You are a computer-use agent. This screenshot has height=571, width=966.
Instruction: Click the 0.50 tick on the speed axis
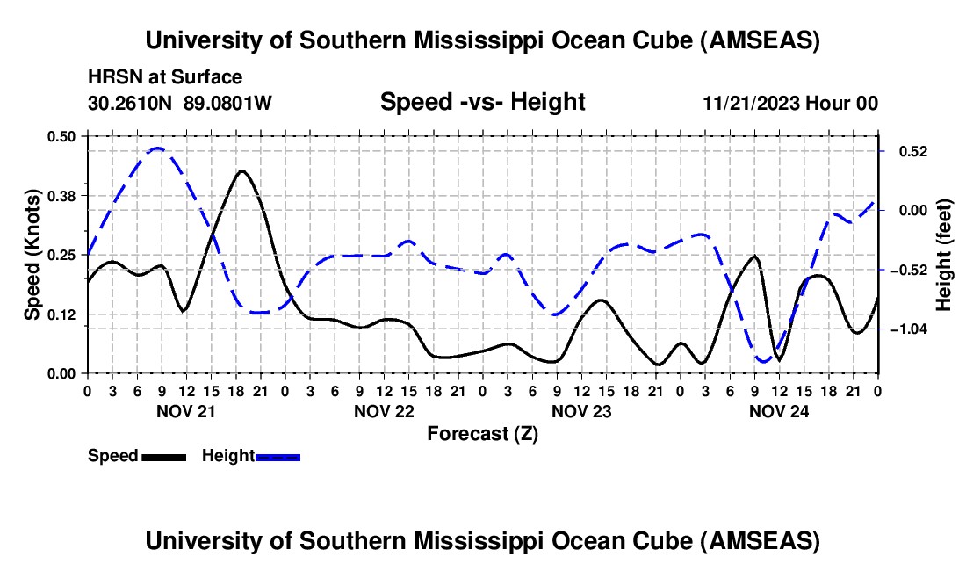(x=64, y=135)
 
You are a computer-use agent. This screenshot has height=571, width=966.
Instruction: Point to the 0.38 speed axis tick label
(x=64, y=194)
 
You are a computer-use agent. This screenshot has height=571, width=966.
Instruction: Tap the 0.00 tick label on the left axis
(x=64, y=373)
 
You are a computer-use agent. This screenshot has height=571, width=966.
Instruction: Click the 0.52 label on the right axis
(x=905, y=151)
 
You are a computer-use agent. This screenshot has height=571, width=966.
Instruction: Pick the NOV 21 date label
(x=185, y=410)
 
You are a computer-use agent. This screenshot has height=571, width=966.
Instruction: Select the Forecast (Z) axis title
(x=482, y=433)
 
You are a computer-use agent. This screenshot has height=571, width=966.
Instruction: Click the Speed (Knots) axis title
(x=32, y=254)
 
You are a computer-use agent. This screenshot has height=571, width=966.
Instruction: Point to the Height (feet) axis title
(x=944, y=254)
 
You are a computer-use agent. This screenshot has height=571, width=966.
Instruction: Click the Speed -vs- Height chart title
(x=482, y=102)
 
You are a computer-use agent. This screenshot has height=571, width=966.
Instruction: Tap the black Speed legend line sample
(x=163, y=456)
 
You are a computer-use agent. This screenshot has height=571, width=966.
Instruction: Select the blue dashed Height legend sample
(x=278, y=456)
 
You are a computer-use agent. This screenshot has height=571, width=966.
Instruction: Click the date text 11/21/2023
(x=751, y=103)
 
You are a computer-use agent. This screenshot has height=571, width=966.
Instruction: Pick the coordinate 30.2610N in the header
(x=132, y=103)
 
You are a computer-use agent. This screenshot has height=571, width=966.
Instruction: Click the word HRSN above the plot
(x=110, y=77)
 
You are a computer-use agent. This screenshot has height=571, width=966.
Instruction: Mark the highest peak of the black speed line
(x=242, y=171)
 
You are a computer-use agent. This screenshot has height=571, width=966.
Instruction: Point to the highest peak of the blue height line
(x=157, y=148)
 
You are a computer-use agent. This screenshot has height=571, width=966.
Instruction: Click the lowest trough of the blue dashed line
(x=763, y=361)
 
